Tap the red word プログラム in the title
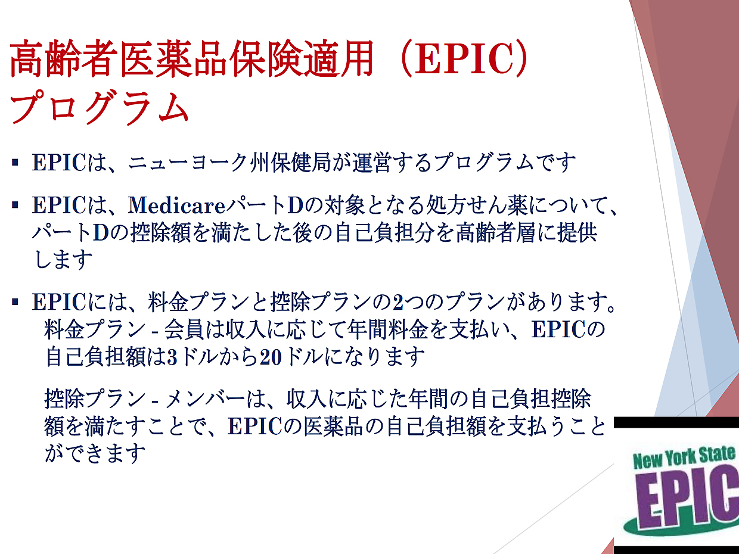[x=100, y=108]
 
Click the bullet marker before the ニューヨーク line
[x=15, y=163]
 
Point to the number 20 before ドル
[x=271, y=357]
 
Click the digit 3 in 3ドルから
[x=172, y=357]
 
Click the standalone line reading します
[x=63, y=260]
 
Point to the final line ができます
[x=95, y=453]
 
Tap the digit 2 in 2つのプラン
[x=398, y=302]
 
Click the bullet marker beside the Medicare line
[x=15, y=205]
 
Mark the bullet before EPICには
[x=15, y=302]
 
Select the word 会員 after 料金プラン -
[x=184, y=329]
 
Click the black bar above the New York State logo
[x=676, y=422]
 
